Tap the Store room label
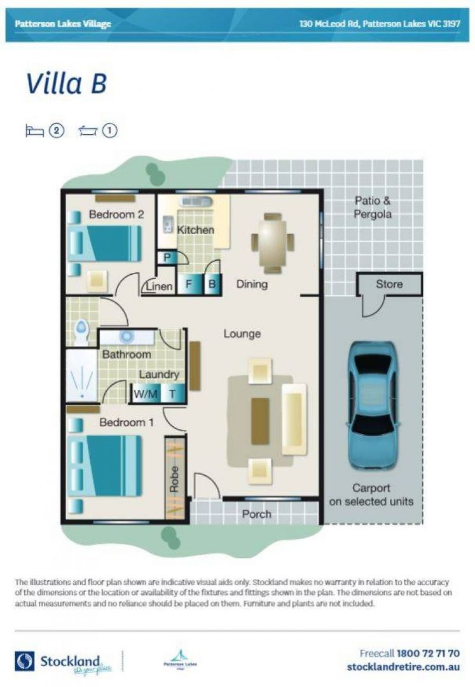(389, 284)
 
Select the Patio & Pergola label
(372, 207)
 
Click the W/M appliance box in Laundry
(145, 394)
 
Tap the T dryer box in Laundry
(172, 394)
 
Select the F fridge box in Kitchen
(189, 285)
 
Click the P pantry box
(167, 258)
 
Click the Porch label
(256, 514)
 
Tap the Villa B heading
(65, 83)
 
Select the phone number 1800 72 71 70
(427, 653)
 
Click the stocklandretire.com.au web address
(403, 667)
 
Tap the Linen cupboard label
(159, 287)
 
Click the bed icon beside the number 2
(34, 131)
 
